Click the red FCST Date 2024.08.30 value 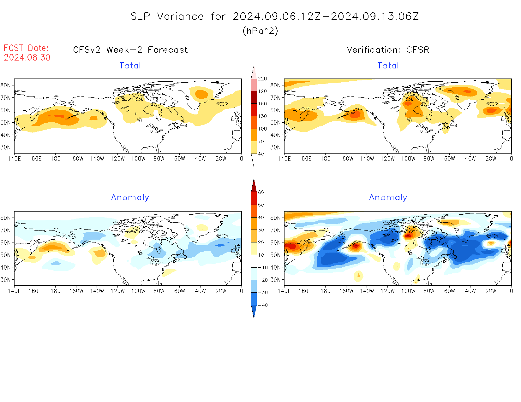[x=27, y=57]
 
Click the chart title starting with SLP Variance [x=274, y=16]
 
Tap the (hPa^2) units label [x=260, y=31]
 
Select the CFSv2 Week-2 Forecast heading [x=130, y=50]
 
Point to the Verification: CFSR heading [x=388, y=50]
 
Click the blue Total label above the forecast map [x=130, y=66]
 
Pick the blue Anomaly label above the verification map [x=388, y=197]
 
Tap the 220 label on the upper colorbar [x=262, y=79]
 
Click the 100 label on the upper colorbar [x=262, y=129]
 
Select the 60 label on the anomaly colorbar [x=261, y=192]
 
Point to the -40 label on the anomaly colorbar [x=263, y=305]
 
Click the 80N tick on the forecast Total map [x=6, y=85]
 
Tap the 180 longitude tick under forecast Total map [x=56, y=159]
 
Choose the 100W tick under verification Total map [x=408, y=159]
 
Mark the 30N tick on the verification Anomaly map [x=275, y=280]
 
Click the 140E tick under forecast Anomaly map [x=14, y=291]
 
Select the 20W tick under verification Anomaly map [x=491, y=291]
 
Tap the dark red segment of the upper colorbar [x=254, y=97]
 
